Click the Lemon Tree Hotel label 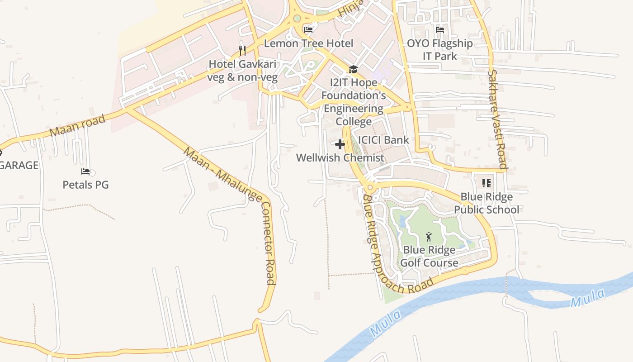coord(308,43)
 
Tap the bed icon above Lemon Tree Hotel coord(308,30)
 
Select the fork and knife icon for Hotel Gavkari coord(242,50)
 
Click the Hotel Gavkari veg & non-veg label coord(242,71)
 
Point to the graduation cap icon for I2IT coord(353,69)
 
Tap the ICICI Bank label coord(383,140)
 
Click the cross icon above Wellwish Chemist coord(340,144)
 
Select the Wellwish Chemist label coord(340,157)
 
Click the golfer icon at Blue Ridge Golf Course coord(429,236)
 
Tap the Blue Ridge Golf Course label coord(430,256)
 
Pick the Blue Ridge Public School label coord(487,203)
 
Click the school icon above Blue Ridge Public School coord(487,183)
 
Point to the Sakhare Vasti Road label coord(497,119)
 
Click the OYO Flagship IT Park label coord(440,50)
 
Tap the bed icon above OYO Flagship coord(439,30)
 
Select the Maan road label coord(77,125)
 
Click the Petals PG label coord(85,185)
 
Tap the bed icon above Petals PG coord(85,171)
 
